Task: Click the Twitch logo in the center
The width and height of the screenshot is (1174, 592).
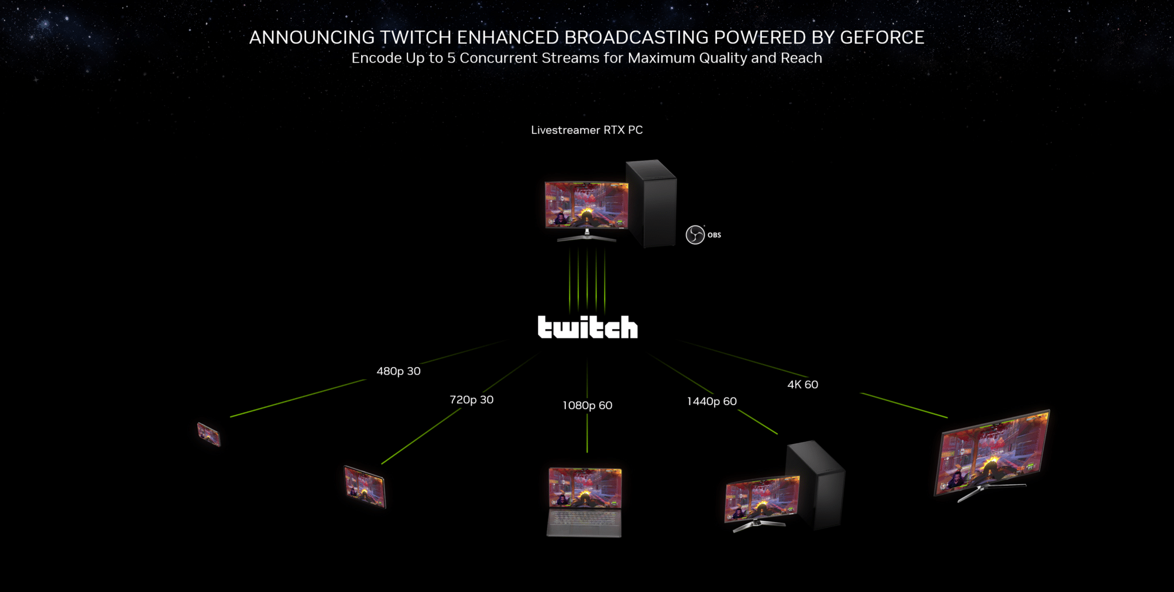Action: coord(587,327)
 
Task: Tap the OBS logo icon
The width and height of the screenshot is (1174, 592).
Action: coord(695,235)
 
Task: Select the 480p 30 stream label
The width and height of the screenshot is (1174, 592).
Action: coord(398,371)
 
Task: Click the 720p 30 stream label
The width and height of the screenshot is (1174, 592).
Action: coord(471,399)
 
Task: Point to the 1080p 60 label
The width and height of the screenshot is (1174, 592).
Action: coord(587,406)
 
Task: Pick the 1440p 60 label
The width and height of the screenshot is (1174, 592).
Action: coord(711,402)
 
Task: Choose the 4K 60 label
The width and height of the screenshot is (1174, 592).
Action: coord(803,384)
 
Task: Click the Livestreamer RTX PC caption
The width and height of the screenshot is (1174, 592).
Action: coord(586,130)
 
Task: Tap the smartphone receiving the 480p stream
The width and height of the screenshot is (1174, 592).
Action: coord(209,434)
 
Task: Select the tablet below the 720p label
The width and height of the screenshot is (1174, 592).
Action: coord(365,487)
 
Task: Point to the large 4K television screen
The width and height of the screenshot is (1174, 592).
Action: coord(993,453)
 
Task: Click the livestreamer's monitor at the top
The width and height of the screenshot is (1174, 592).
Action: coord(586,205)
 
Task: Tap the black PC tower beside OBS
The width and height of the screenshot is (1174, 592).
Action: coord(652,204)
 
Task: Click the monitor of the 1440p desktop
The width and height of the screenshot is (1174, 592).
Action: coord(762,498)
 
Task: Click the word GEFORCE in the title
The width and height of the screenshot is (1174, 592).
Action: coord(882,37)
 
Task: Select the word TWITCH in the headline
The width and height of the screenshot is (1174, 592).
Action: coord(416,37)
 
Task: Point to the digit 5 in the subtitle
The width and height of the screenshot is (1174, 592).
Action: coord(451,58)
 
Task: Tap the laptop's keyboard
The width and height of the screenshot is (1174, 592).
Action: coord(584,519)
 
